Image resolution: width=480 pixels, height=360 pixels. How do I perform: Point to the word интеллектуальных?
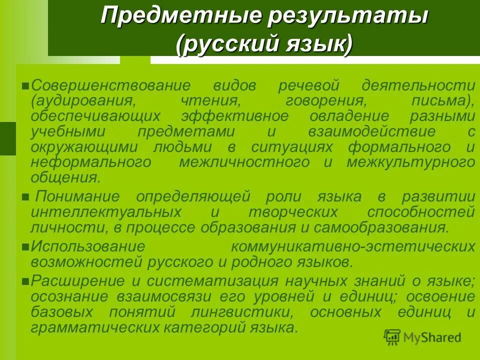pos(106,212)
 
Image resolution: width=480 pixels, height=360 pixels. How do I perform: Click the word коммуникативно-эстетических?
pos(352,247)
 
